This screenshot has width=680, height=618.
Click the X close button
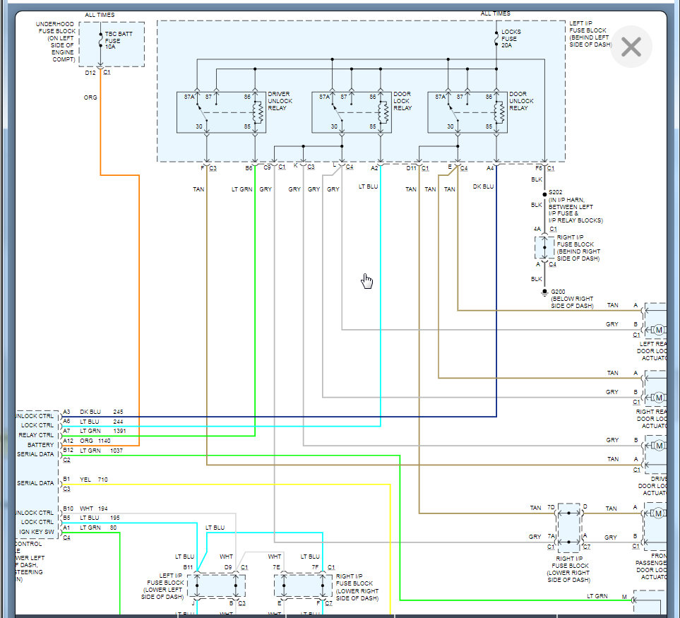(631, 47)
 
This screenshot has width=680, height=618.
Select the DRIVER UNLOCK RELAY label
(280, 101)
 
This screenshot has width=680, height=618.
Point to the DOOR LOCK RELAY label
(402, 101)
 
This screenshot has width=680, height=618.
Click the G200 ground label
(558, 292)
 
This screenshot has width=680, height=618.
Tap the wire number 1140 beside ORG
(104, 441)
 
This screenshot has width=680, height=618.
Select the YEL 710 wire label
(93, 480)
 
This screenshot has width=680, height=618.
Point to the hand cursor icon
(367, 281)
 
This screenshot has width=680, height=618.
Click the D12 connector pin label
(90, 73)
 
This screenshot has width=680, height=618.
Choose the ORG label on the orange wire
(90, 97)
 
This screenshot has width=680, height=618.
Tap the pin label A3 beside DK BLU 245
(66, 412)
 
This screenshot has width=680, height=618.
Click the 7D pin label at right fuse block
(551, 508)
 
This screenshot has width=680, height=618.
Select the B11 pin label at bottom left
(188, 567)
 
